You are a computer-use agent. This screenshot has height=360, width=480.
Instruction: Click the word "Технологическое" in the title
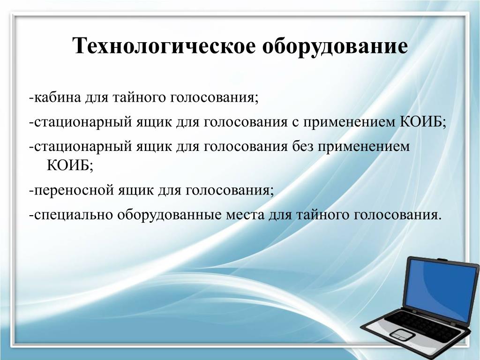pos(164,46)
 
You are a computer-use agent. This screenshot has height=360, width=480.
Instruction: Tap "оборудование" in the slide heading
pos(335,46)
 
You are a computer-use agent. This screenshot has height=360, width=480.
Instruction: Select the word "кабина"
pos(58,98)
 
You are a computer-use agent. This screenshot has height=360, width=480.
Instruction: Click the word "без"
pos(301,147)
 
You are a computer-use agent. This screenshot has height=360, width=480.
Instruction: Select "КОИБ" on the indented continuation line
pos(68,165)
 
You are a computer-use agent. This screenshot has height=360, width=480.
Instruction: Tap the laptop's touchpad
pos(401,334)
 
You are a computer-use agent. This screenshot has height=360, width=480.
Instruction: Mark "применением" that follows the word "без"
pos(363,147)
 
